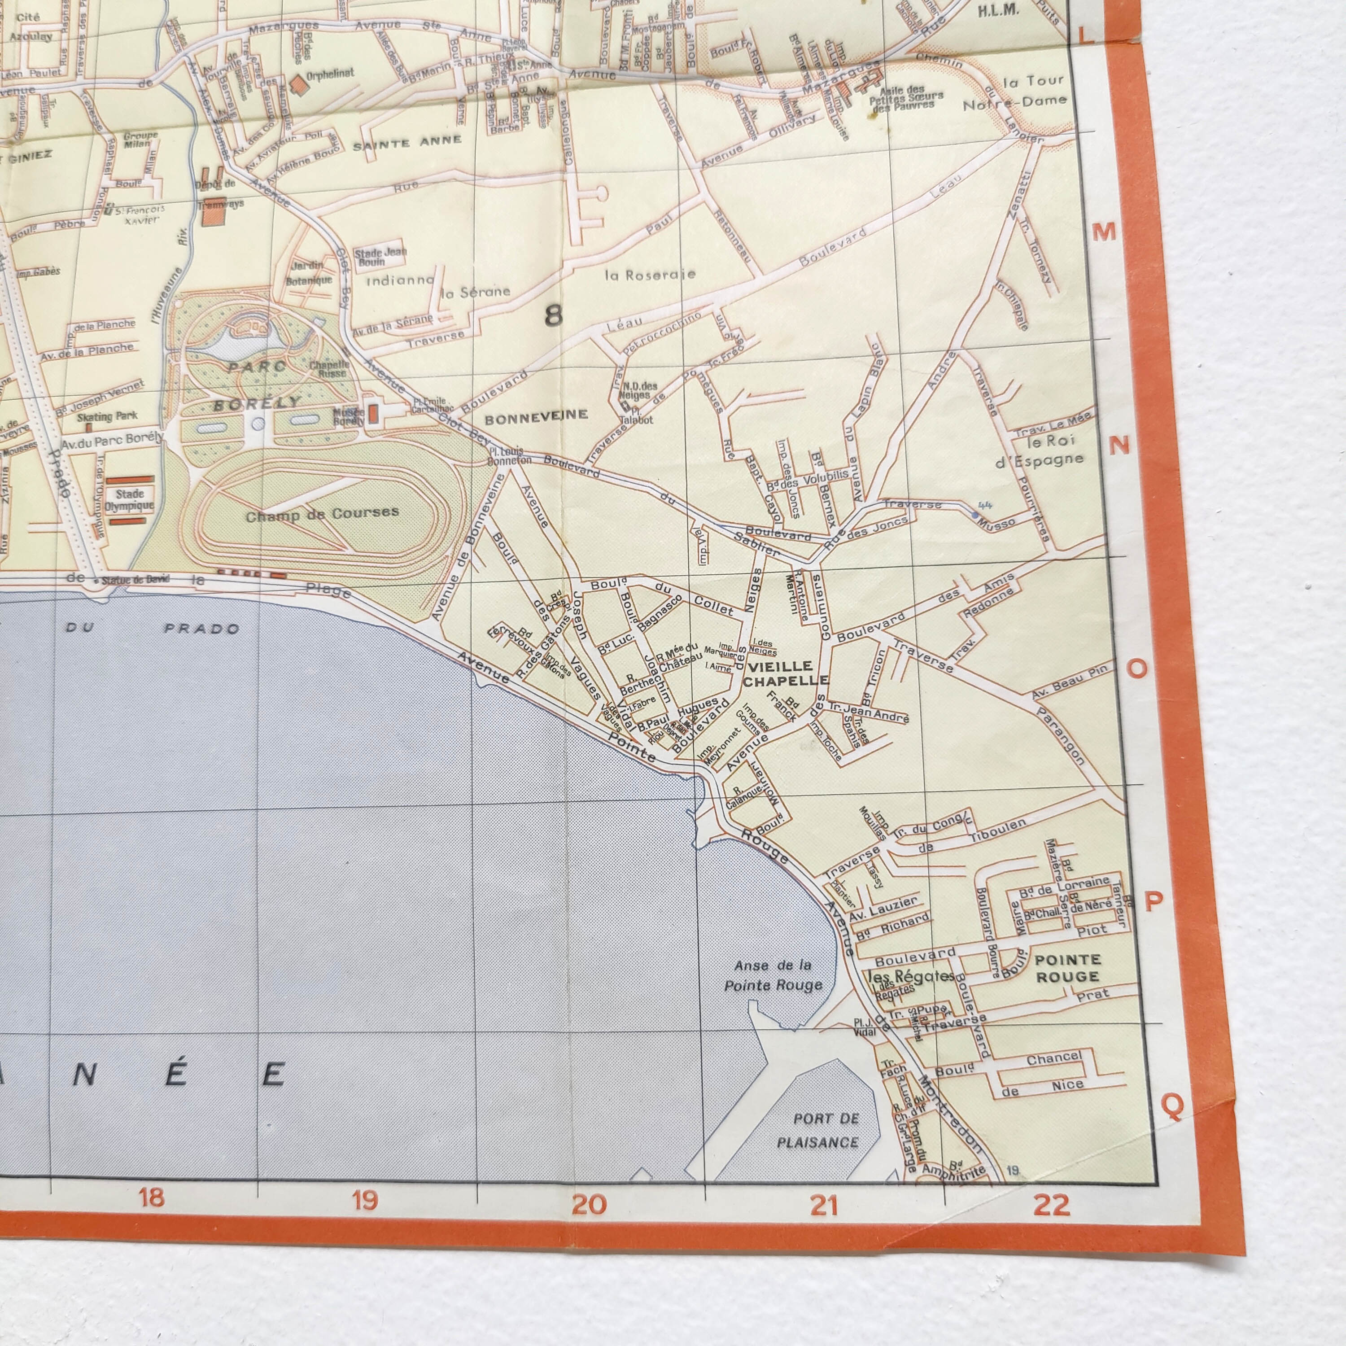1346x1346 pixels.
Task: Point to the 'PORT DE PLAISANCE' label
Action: pos(817,1130)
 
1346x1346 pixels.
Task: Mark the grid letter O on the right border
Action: pos(1136,669)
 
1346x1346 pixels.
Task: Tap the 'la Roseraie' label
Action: pos(650,275)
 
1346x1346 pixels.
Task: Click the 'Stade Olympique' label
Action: pos(130,499)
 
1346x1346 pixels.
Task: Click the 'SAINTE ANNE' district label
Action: pos(407,143)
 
